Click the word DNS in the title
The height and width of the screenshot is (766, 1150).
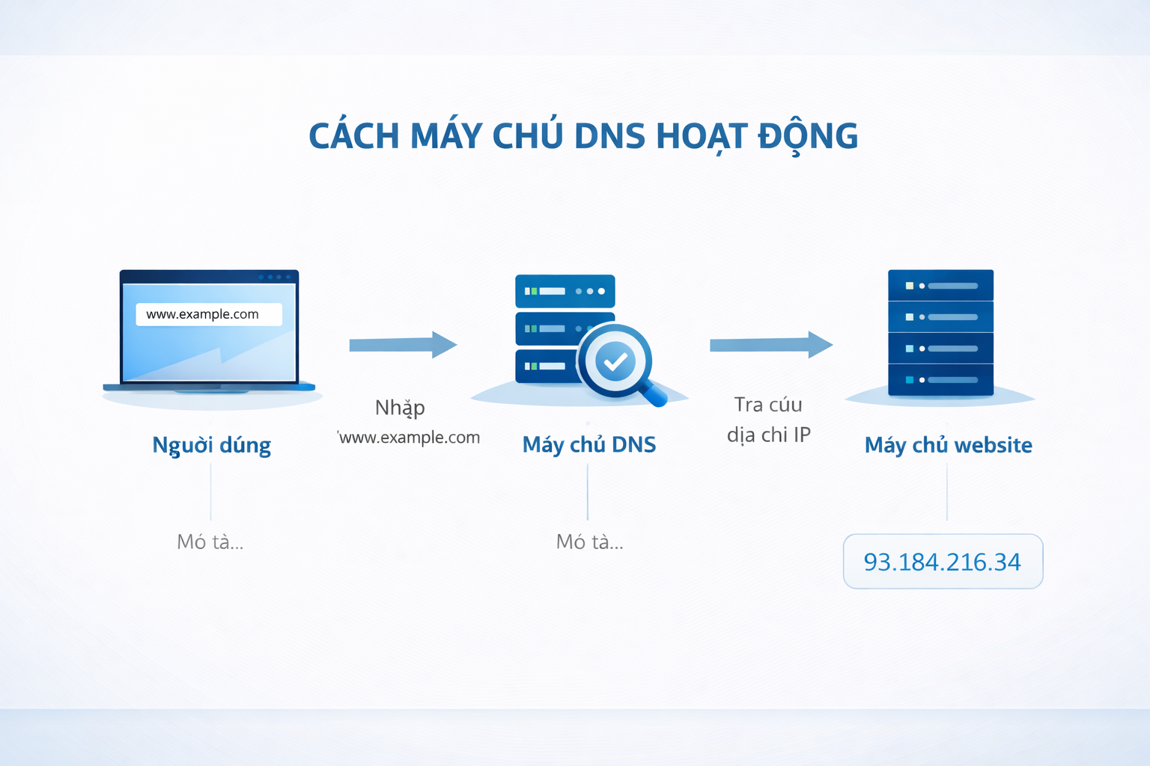pyautogui.click(x=609, y=136)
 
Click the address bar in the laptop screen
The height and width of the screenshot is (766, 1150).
pyautogui.click(x=209, y=314)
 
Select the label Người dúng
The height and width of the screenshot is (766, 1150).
pyautogui.click(x=212, y=445)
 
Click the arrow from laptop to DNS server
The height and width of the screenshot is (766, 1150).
pyautogui.click(x=403, y=345)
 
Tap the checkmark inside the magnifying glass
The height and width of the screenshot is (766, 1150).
pyautogui.click(x=615, y=362)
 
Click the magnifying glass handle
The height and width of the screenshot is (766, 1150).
pyautogui.click(x=653, y=394)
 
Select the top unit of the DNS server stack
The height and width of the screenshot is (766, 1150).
pyautogui.click(x=565, y=291)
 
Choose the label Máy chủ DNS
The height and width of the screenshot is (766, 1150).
pyautogui.click(x=589, y=445)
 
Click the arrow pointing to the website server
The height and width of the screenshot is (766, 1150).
pyautogui.click(x=771, y=345)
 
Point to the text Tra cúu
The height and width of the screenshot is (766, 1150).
pyautogui.click(x=768, y=404)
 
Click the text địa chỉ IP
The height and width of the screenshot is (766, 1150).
pyautogui.click(x=769, y=435)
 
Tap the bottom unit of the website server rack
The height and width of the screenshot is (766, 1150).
pyautogui.click(x=940, y=380)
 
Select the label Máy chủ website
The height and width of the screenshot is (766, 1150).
pyautogui.click(x=949, y=445)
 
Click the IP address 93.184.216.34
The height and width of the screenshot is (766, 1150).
pyautogui.click(x=942, y=563)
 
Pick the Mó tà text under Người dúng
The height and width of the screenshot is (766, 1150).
pyautogui.click(x=210, y=542)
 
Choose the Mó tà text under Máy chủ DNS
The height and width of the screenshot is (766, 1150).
pyautogui.click(x=589, y=542)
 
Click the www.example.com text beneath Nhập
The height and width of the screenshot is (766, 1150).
pyautogui.click(x=409, y=437)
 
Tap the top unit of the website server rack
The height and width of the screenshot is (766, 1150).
pyautogui.click(x=940, y=285)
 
